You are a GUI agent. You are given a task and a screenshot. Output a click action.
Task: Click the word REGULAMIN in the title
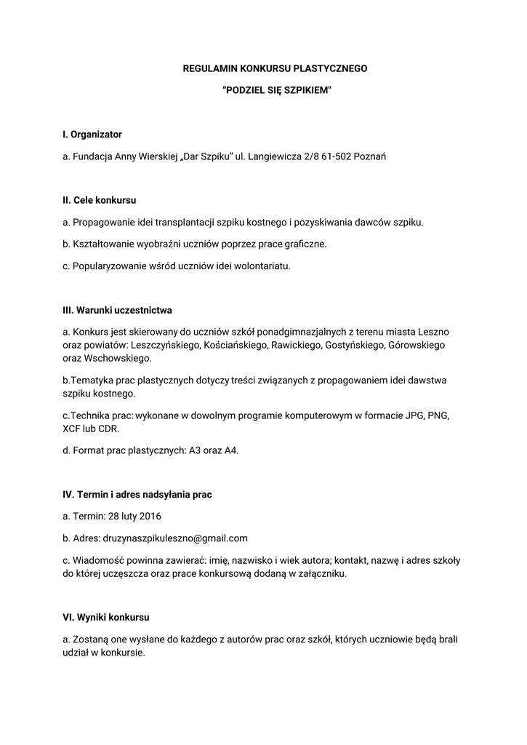pos(205,68)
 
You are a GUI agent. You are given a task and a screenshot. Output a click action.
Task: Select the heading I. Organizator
pos(92,135)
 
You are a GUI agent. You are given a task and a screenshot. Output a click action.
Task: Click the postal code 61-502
pos(339,156)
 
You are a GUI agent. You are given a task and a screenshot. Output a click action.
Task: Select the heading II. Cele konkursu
pos(100,200)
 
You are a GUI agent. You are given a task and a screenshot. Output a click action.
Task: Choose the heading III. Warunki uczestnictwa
pos(118,310)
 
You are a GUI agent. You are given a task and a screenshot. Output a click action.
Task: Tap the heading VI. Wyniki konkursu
pos(106,617)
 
